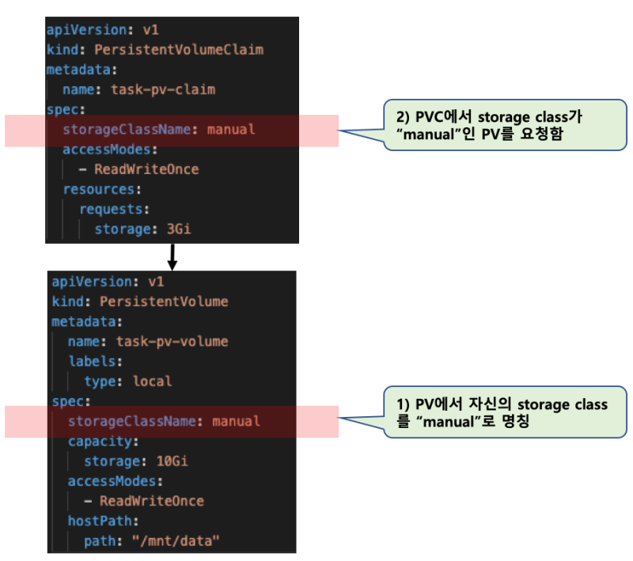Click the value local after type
152,381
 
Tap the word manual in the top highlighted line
231,129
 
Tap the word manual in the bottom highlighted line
236,421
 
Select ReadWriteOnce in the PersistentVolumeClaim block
146,169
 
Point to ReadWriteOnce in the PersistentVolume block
151,501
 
